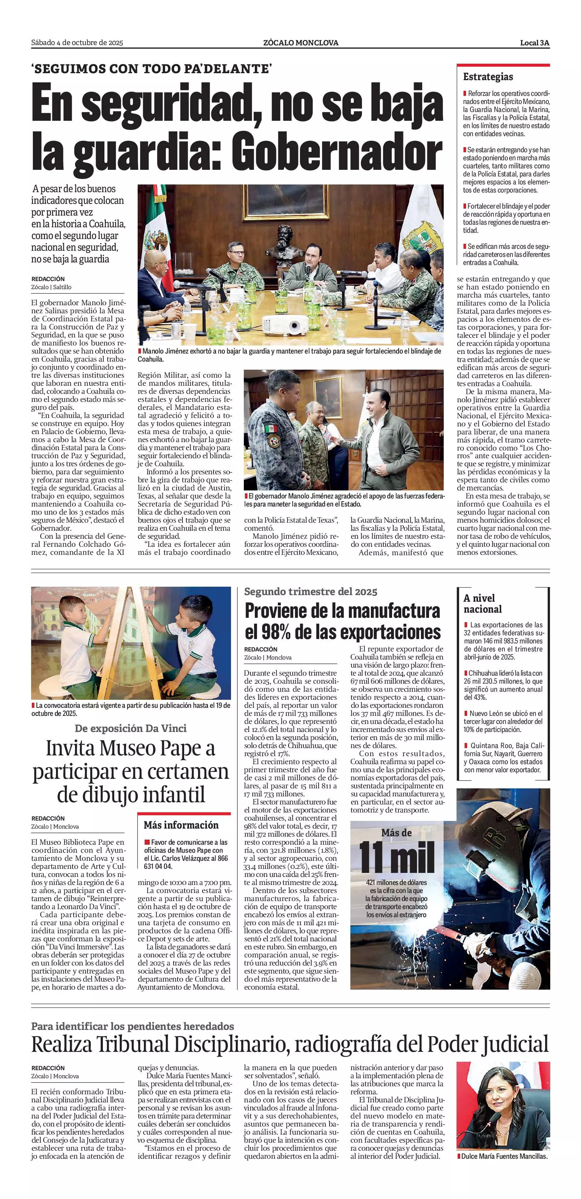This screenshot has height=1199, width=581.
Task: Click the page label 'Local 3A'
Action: click(535, 43)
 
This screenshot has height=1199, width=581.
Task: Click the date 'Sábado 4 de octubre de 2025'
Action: click(77, 43)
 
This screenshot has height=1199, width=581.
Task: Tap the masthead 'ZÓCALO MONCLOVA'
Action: click(300, 43)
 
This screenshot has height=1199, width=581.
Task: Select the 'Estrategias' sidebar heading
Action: click(488, 77)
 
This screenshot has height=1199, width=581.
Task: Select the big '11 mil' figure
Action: click(396, 857)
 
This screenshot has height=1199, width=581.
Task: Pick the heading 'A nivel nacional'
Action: click(482, 603)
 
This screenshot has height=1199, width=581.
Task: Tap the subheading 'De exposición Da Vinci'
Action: click(130, 728)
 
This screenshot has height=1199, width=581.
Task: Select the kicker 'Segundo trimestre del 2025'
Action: click(310, 591)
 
